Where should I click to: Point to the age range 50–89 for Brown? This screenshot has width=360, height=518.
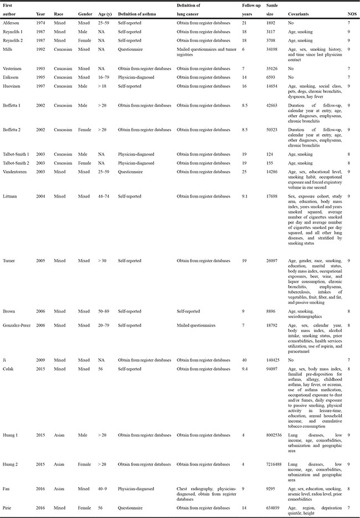click(x=99, y=312)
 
